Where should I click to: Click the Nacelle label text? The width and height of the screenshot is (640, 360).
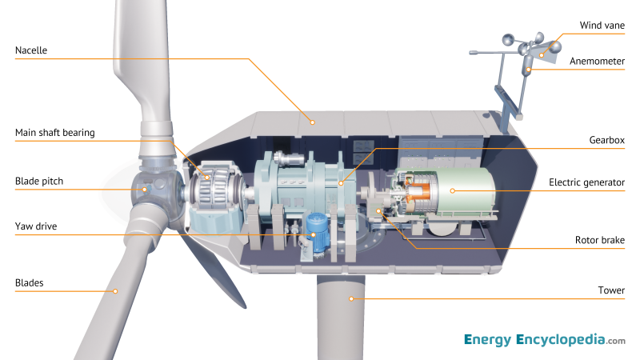[x=32, y=50]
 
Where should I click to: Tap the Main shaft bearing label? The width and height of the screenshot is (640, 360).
[x=55, y=133]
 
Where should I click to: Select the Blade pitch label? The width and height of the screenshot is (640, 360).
[x=38, y=182]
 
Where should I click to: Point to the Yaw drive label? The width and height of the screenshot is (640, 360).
[x=36, y=226]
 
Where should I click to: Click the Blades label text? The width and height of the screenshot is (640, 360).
[x=30, y=282]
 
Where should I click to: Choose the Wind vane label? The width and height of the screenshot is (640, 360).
[x=602, y=26]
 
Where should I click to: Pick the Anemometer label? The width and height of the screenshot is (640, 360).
[x=597, y=61]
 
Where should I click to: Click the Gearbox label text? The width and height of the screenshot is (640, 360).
[x=606, y=139]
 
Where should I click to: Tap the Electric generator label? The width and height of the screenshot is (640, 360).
[x=586, y=182]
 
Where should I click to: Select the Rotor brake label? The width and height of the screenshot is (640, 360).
[x=600, y=239]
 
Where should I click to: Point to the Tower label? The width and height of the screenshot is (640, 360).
[x=611, y=290]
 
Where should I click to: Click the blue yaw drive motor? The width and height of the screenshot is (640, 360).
[x=316, y=231]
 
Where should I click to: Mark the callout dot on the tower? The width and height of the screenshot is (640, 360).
[x=350, y=298]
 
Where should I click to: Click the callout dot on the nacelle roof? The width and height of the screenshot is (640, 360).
[x=314, y=122]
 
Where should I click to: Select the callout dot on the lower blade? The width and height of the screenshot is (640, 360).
[x=115, y=290]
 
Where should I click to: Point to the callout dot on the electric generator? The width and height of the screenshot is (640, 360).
[x=451, y=190]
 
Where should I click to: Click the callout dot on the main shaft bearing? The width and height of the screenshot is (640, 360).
[x=206, y=178]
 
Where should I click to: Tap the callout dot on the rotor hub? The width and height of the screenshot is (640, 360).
[x=144, y=190]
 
